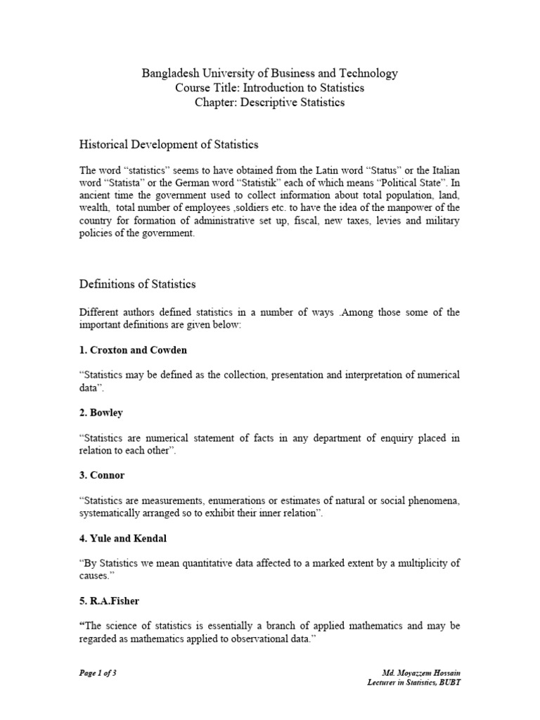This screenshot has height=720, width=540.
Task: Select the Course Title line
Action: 270,88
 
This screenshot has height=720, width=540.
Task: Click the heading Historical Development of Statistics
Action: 169,145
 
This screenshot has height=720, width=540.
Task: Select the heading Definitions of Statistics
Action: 137,285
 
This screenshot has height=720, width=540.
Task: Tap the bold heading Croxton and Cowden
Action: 138,349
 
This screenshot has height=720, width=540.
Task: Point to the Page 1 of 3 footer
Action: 97,673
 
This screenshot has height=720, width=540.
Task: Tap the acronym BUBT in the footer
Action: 449,683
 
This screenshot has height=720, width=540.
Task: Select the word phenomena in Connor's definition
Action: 430,501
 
